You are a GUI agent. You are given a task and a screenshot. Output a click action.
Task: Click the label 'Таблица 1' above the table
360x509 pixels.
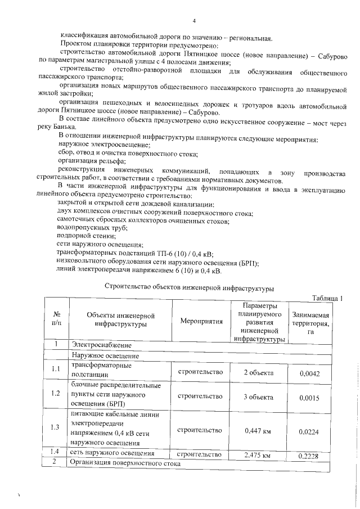(326, 298)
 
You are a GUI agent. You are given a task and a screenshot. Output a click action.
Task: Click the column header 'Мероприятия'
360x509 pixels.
(201, 321)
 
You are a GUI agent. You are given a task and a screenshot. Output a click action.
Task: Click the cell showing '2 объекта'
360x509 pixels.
(259, 372)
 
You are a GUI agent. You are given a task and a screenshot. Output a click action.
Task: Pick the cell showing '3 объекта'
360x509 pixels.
(259, 397)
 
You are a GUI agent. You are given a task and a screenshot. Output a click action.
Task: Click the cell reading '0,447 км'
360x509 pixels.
(258, 431)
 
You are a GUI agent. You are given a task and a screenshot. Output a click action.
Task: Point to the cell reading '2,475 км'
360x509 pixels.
(258, 454)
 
